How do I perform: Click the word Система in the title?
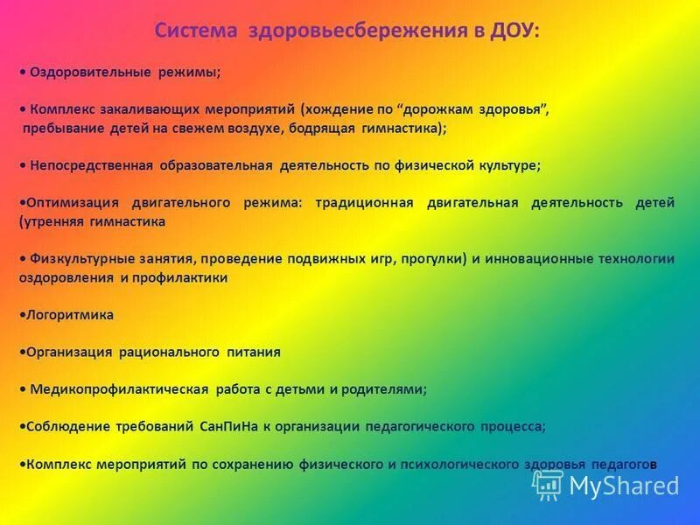196,31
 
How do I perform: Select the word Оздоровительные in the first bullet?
90,73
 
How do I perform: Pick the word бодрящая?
321,128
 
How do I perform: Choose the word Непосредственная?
91,164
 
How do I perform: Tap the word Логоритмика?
69,315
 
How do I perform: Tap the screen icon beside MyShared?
548,485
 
